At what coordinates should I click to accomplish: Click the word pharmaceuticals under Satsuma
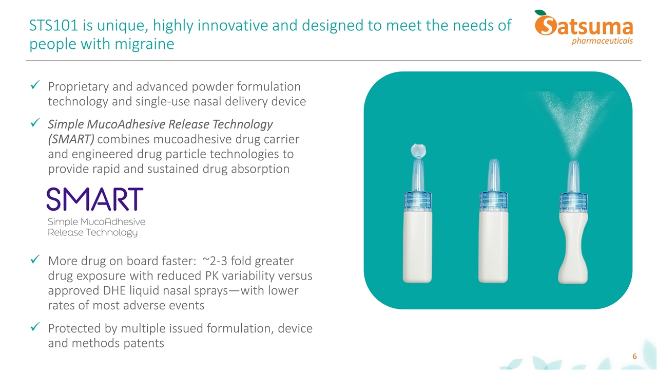[x=602, y=41]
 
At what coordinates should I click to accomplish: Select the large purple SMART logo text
[x=94, y=199]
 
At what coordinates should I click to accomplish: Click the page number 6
[x=634, y=357]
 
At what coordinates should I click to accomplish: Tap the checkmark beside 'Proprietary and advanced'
[x=35, y=87]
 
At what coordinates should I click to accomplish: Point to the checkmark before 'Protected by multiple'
[x=35, y=327]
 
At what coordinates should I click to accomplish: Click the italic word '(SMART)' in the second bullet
[x=71, y=139]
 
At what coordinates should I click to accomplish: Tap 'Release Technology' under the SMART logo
[x=92, y=233]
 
